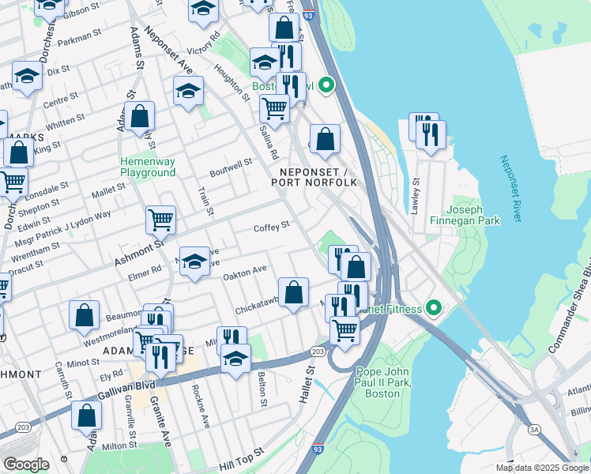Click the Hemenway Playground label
coord(147,167)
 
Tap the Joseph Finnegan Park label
coord(473,215)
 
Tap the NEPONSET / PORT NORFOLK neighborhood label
coord(314,177)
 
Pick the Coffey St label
coord(272,227)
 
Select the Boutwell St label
coord(231,167)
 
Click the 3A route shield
coord(536,427)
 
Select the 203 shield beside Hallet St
coord(318,351)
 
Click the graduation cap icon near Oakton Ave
coord(194,261)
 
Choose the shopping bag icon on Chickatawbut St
coord(293,292)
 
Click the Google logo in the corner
coord(26,464)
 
